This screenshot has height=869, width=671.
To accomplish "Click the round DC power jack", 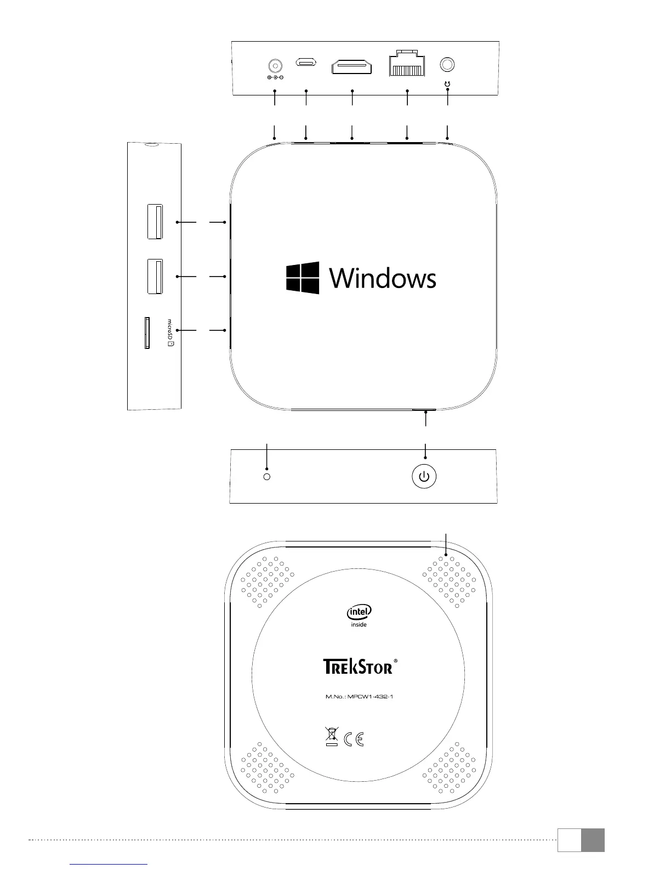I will (x=275, y=65).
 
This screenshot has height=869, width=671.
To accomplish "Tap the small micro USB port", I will (x=306, y=62).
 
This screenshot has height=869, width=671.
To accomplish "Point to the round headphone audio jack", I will (x=448, y=65).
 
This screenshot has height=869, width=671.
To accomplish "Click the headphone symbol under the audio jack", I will (x=448, y=84).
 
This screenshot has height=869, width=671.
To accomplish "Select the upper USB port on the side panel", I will (x=155, y=222).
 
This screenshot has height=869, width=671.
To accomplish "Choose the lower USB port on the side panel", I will (x=155, y=276).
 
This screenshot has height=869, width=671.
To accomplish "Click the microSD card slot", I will (x=146, y=332).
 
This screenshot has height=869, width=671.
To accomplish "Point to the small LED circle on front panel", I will (x=267, y=477).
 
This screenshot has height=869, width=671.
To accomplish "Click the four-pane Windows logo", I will (x=303, y=278).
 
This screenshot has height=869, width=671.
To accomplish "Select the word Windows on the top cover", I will (x=383, y=278).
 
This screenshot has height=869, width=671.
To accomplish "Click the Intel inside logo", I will (x=359, y=616).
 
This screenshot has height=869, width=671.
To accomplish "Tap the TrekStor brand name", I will (x=357, y=666).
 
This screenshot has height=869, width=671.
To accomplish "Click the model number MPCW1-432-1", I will (x=360, y=697).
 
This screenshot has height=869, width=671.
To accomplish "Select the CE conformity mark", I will (x=354, y=739).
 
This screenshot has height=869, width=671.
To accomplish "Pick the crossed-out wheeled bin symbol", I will (x=331, y=736).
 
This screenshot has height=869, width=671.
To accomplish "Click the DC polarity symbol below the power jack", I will (x=275, y=77).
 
